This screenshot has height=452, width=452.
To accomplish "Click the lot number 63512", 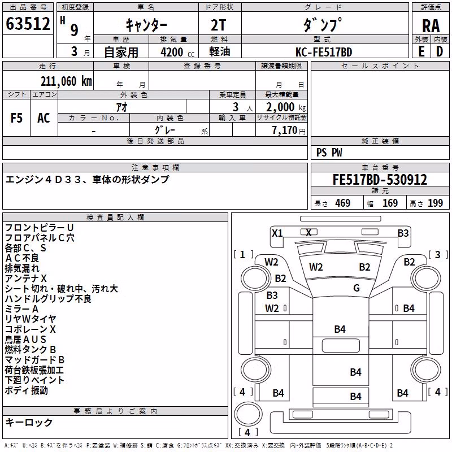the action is tap(28, 23).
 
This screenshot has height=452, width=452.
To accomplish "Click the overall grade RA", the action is tap(431, 26).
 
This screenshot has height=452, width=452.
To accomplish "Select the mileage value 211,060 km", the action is tap(66, 81).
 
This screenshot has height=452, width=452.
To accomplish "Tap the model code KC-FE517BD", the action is tap(324, 52).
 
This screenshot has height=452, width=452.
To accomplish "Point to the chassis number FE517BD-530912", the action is tap(380, 180).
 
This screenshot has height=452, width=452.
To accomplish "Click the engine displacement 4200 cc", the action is tap(177, 52).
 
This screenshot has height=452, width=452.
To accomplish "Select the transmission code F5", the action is tap(16, 118).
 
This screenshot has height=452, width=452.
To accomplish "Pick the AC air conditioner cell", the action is tap(44, 118).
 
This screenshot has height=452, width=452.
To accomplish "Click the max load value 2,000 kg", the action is tap(285, 107).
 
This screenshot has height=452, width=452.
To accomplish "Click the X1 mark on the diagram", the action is tap(277, 233).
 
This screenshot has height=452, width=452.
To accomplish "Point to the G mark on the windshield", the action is tap(357, 288).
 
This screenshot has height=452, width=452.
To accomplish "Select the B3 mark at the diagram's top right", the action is tap(403, 233).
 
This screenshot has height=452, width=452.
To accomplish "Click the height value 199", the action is tap(435, 203).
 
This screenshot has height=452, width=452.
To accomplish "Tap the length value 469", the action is tap(343, 203).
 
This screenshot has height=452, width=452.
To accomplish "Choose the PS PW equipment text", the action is tap(329, 153).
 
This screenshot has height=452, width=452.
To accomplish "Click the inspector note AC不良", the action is tap(22, 258).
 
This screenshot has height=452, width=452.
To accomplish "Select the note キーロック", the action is tap(29, 422).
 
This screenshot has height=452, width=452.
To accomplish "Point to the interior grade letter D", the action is tap(440, 52).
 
